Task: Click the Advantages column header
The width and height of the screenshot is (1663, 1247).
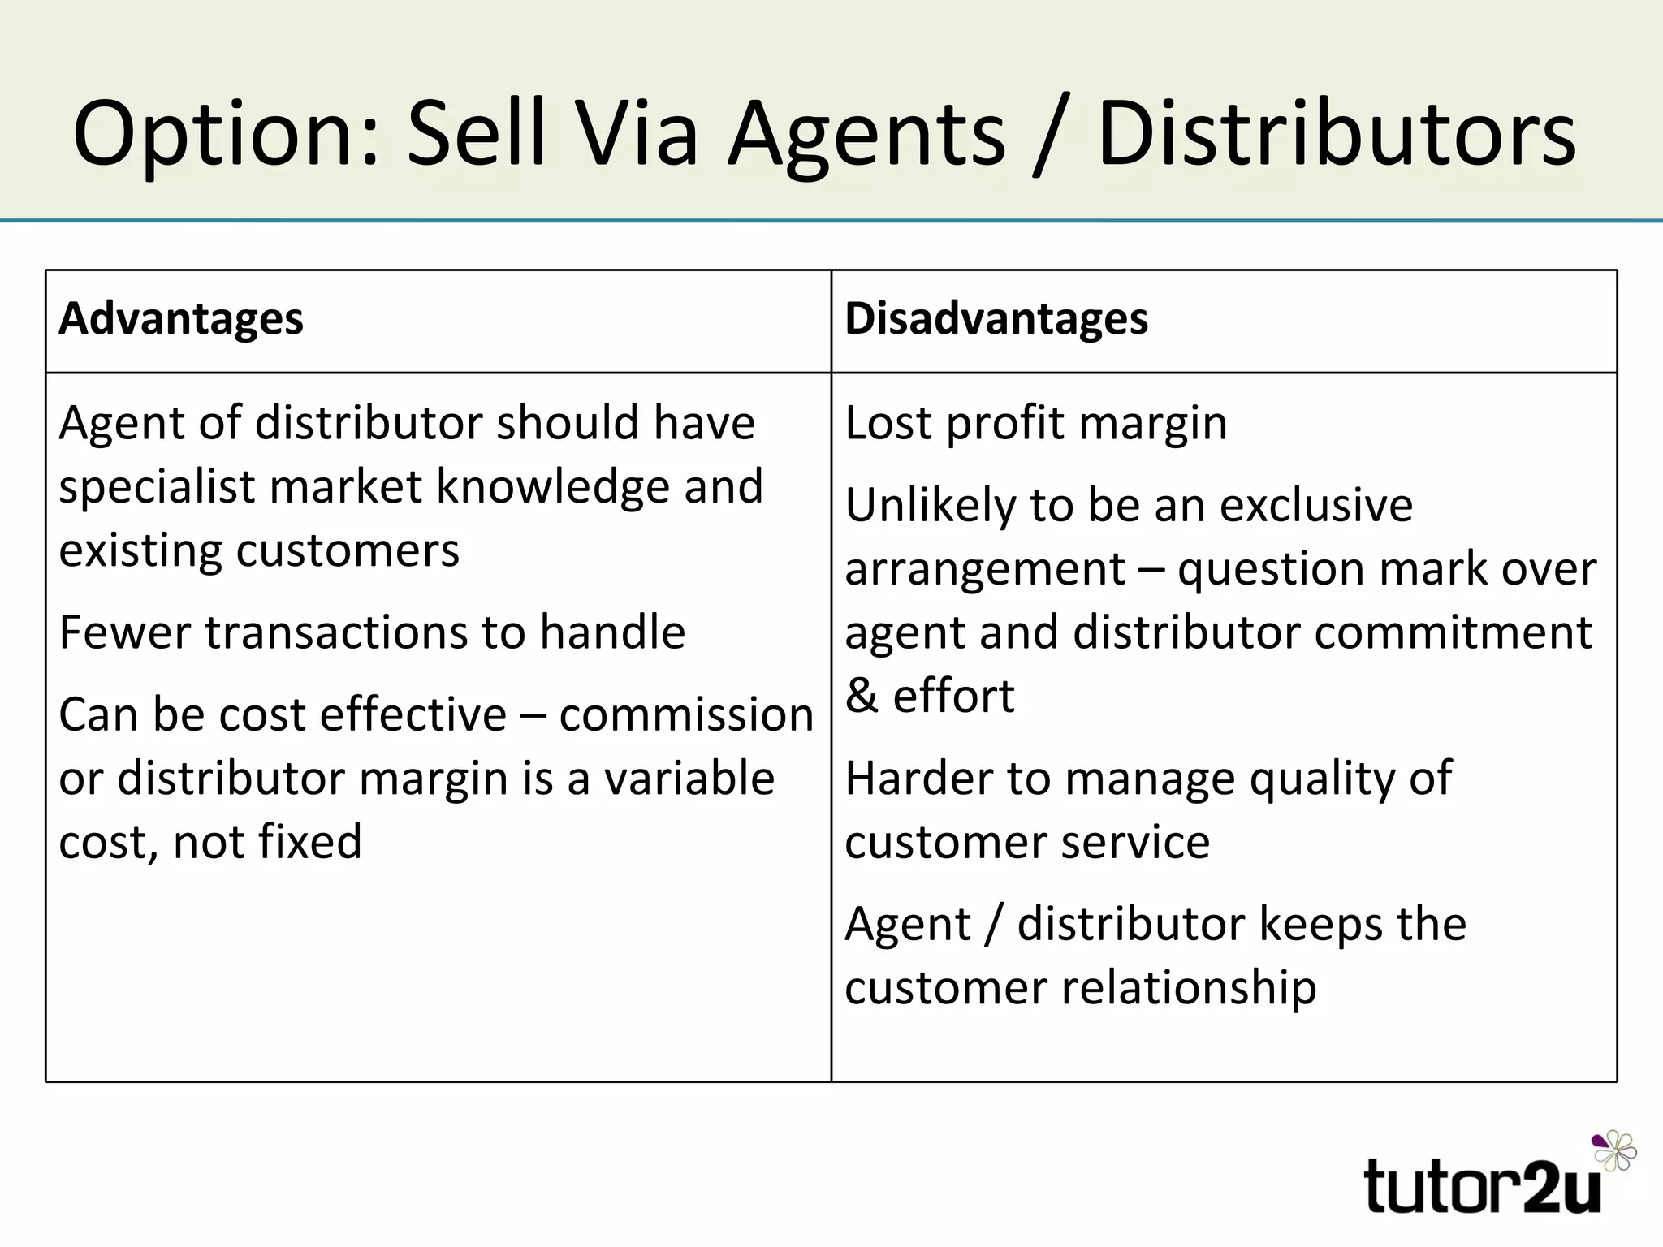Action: click(x=181, y=318)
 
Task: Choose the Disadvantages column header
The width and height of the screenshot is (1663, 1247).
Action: click(x=996, y=318)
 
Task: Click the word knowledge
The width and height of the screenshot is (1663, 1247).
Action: click(x=554, y=487)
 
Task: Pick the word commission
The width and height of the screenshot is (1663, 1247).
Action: click(x=686, y=715)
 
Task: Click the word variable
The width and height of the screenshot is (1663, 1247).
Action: click(x=689, y=779)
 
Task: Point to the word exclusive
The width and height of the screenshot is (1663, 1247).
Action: click(x=1315, y=505)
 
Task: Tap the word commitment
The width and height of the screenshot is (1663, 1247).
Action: click(x=1453, y=632)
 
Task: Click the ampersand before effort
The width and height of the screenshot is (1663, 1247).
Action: click(x=862, y=696)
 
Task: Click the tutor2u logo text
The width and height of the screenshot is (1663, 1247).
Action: click(x=1482, y=1188)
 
